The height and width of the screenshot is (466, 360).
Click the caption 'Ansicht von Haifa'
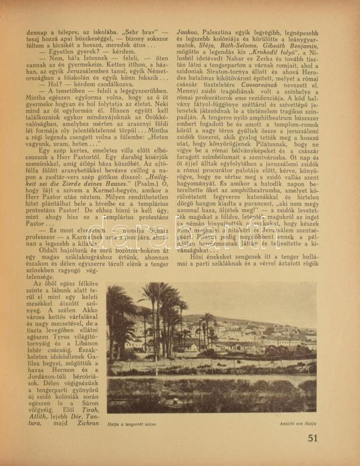pos(298,424)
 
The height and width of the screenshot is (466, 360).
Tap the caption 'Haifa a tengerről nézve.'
pos(132,424)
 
